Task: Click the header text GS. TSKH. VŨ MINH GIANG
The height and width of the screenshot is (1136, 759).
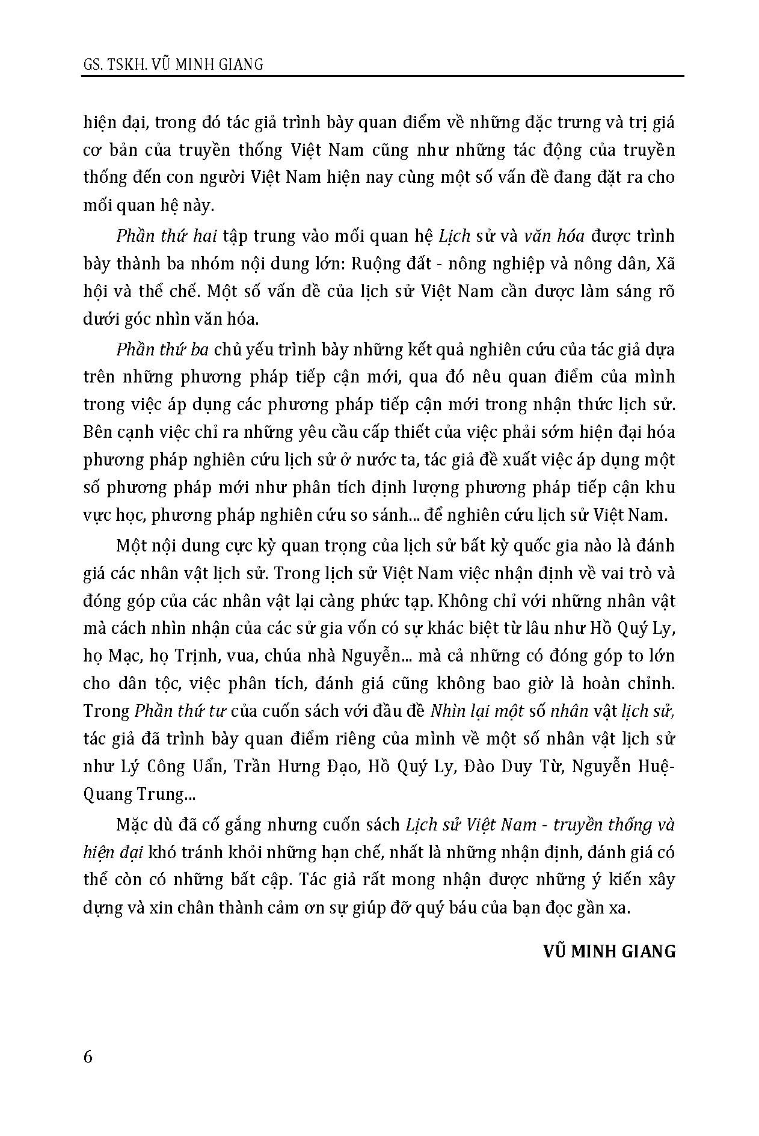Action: tap(173, 64)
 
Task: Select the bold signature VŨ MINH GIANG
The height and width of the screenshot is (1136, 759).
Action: tap(609, 951)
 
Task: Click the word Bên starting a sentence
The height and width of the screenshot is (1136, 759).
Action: tap(97, 432)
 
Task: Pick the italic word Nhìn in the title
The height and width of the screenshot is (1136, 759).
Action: tap(447, 711)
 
